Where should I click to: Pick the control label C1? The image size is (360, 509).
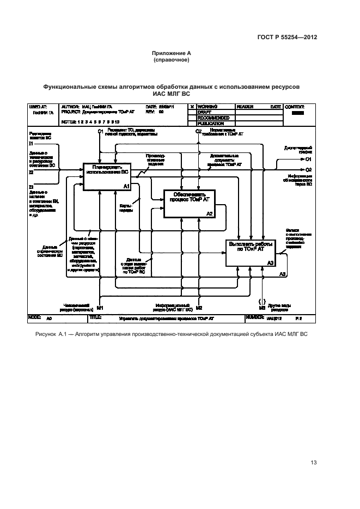click(100, 132)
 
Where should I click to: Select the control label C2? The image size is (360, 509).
click(199, 132)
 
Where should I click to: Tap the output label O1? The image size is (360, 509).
click(308, 160)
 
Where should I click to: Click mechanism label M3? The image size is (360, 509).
click(262, 308)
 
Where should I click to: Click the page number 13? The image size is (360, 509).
click(313, 463)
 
